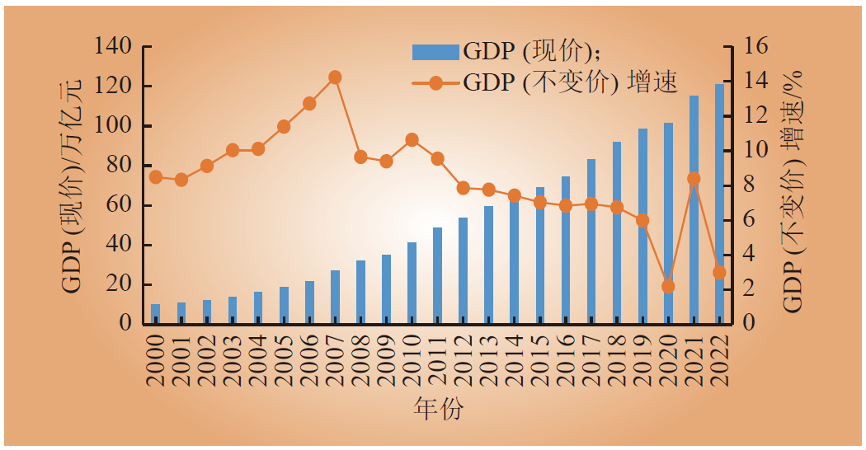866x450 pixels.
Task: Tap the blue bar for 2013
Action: [x=489, y=264]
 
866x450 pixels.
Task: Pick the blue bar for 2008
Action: [x=360, y=292]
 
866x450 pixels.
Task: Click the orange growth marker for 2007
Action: [x=335, y=77]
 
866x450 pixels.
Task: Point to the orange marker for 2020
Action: [x=668, y=286]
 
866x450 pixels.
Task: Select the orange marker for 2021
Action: [x=694, y=178]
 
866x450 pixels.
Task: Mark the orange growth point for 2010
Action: [x=412, y=140]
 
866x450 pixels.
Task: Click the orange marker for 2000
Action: [x=156, y=177]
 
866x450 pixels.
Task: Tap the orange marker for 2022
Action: [x=719, y=272]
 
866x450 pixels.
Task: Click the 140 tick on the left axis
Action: [x=113, y=47]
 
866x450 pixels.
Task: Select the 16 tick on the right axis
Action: [x=755, y=47]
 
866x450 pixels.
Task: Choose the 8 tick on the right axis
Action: [x=751, y=185]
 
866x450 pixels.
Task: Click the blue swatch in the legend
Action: [x=435, y=52]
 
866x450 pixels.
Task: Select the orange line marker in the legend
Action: [x=435, y=82]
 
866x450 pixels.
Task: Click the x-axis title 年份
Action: [x=438, y=410]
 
